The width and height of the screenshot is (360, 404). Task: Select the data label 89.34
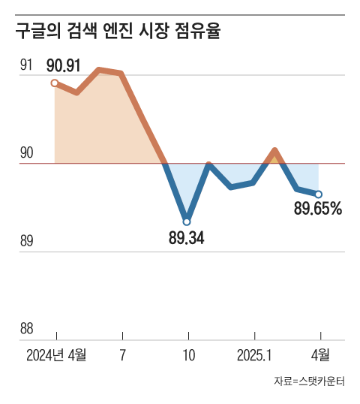click(x=187, y=239)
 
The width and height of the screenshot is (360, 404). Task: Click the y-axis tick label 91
click(x=26, y=65)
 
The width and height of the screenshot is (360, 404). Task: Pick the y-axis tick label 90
click(x=26, y=153)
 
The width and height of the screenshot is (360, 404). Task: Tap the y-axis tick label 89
click(x=26, y=241)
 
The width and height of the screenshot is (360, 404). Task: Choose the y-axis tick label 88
click(x=26, y=329)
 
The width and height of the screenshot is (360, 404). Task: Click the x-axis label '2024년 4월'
click(x=56, y=354)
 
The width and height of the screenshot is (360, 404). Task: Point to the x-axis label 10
click(x=188, y=354)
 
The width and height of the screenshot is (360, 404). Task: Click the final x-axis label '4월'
click(x=320, y=354)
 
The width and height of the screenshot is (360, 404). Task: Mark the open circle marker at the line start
click(x=55, y=83)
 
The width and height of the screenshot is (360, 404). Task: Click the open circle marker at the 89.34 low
click(x=187, y=222)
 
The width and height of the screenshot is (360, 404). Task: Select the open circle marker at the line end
click(x=319, y=194)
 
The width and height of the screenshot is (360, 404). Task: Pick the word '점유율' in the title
click(x=200, y=33)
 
